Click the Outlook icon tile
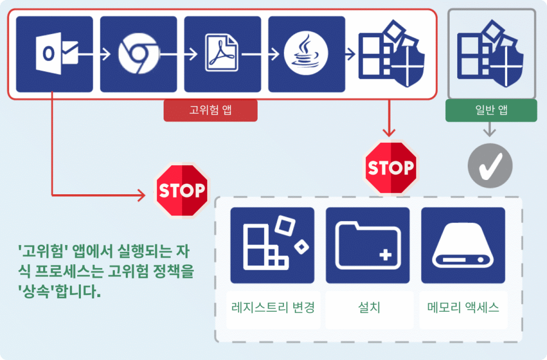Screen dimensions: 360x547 (54, 54)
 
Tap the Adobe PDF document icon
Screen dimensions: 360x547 (222, 54)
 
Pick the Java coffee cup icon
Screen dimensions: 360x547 (306, 54)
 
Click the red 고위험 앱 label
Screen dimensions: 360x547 (210, 110)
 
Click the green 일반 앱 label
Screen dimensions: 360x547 (491, 110)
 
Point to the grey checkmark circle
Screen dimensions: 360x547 (490, 166)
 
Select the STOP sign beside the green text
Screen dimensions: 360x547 (182, 190)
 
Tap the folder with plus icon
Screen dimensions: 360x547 (368, 245)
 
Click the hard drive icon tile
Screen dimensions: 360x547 (463, 245)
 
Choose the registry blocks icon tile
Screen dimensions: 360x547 (272, 245)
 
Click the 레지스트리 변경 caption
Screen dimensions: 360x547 (273, 307)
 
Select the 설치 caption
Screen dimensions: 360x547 (368, 307)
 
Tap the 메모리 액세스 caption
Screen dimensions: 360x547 (463, 307)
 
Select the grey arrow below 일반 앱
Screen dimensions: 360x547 (490, 130)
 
